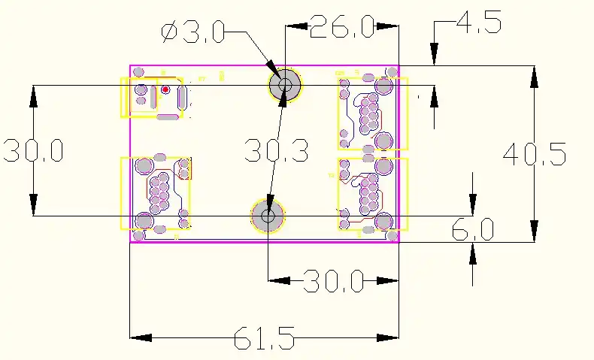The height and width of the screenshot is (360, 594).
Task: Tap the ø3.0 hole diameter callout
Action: tap(192, 32)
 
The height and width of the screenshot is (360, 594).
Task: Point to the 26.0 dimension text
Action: tap(342, 27)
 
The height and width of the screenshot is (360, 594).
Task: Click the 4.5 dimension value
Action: tap(479, 24)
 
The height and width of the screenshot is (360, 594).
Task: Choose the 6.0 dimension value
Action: tap(472, 230)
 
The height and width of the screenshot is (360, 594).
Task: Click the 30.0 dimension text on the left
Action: tap(33, 150)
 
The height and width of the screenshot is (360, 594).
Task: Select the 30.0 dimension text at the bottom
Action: tap(334, 282)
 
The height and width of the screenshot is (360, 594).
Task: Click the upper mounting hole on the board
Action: tap(285, 84)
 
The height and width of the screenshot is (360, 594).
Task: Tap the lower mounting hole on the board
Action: tap(268, 216)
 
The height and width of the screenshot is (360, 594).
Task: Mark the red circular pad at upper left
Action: tap(165, 89)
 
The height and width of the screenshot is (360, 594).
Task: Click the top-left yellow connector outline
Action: tap(151, 97)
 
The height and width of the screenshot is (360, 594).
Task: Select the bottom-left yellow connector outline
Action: tap(156, 192)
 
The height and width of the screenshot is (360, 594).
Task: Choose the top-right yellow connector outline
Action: tap(372, 113)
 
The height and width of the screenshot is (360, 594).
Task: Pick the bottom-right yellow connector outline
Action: tap(372, 194)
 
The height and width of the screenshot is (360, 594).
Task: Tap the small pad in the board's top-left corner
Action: tap(138, 71)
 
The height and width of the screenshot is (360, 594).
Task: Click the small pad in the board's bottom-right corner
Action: tap(392, 236)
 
